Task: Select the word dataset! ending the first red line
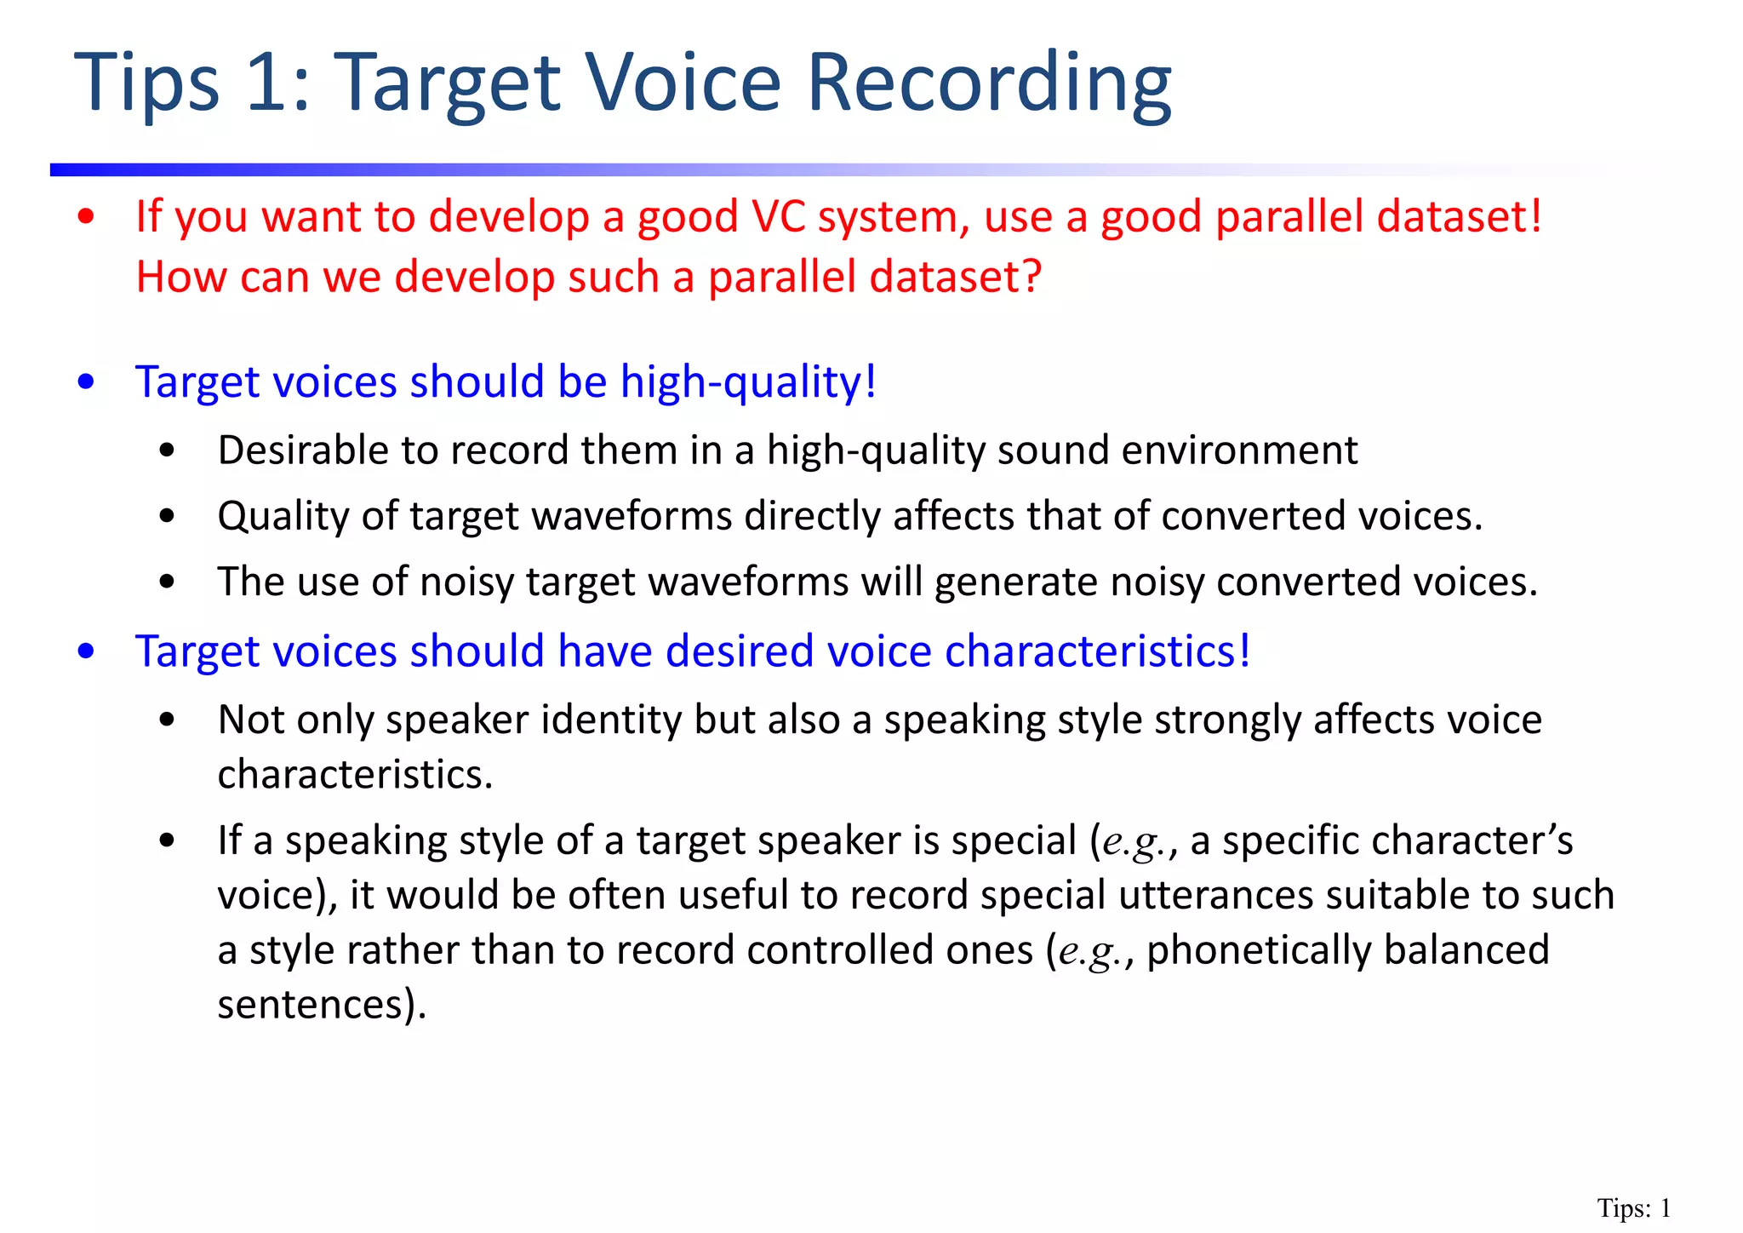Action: pos(1459,216)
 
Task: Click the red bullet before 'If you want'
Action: pos(85,218)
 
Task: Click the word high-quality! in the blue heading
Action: pos(748,382)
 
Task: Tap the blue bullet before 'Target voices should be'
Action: pos(85,382)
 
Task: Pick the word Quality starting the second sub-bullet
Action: pos(283,517)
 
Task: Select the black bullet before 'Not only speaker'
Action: pos(167,720)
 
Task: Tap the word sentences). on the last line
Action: pos(322,1005)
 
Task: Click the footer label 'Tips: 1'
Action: pos(1633,1208)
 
